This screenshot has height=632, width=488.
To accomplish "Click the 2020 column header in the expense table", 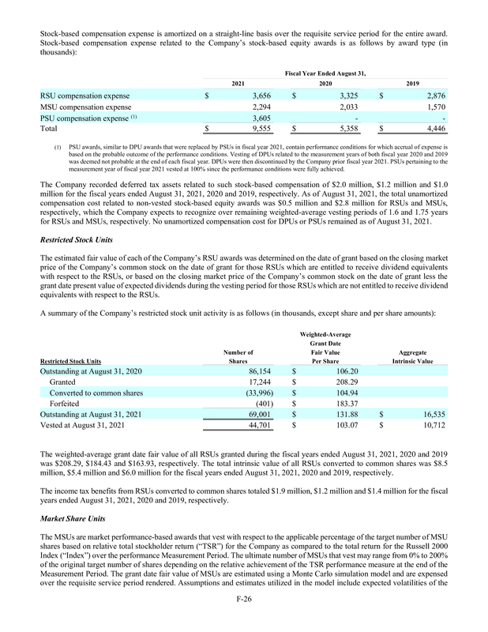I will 325,83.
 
